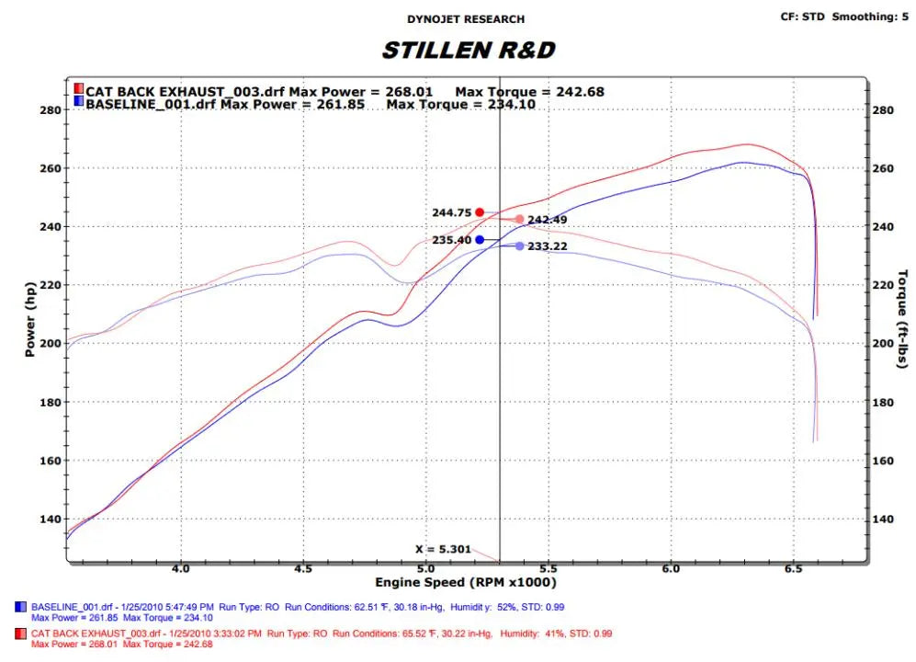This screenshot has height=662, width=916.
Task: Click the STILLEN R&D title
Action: click(x=468, y=50)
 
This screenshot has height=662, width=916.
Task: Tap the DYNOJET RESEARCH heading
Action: click(x=466, y=19)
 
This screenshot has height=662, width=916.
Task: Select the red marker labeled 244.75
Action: click(x=480, y=212)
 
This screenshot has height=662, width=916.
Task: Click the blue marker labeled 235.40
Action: click(x=480, y=240)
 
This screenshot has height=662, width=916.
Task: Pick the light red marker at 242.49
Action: click(x=519, y=219)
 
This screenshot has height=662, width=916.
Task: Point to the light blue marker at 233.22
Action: click(x=519, y=246)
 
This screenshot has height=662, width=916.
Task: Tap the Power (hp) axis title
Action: click(x=30, y=321)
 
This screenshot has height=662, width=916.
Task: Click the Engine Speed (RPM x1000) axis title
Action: click(x=465, y=583)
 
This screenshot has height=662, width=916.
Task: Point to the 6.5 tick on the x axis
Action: click(x=793, y=570)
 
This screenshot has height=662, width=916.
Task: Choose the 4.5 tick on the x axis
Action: click(x=303, y=570)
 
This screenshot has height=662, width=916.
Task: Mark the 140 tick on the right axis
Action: click(x=881, y=519)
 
